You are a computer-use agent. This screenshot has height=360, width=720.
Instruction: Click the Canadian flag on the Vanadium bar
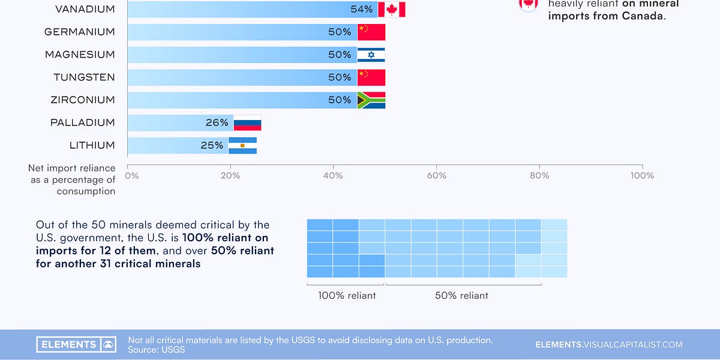[x=391, y=9]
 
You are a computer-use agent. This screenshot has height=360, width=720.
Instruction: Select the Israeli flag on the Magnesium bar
[x=371, y=55]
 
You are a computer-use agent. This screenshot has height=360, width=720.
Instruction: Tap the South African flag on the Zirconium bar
[x=371, y=100]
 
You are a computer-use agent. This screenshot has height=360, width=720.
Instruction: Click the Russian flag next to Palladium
[x=247, y=123]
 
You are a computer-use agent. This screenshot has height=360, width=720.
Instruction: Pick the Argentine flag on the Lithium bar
[x=242, y=145]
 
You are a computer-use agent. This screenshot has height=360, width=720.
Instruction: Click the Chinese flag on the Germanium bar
[x=371, y=32]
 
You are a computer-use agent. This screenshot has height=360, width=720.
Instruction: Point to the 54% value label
[x=361, y=9]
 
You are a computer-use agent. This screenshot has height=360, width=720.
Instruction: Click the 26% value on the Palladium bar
[x=217, y=123]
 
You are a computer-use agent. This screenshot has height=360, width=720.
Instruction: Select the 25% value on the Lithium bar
[x=212, y=145]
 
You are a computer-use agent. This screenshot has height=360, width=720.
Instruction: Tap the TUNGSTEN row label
[x=83, y=77]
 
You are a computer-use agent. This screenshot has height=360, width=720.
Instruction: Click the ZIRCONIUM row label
[x=83, y=100]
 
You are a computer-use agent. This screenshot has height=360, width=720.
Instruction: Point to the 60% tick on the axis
[x=436, y=175]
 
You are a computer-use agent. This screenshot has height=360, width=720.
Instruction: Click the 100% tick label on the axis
[x=642, y=175]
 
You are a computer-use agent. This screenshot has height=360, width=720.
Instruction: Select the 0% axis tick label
[x=131, y=175]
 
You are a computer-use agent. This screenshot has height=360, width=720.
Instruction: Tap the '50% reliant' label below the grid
[x=461, y=295]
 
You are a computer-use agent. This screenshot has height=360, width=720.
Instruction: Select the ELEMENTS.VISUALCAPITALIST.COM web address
[x=609, y=344]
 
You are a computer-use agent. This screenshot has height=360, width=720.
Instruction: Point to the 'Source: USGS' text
[x=157, y=350]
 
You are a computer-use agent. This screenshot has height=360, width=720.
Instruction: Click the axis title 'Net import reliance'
[x=71, y=169]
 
